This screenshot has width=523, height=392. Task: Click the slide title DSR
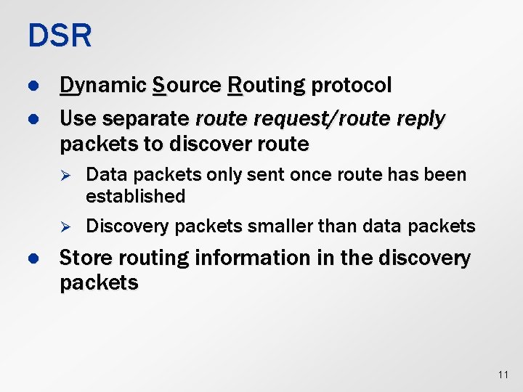coord(60,36)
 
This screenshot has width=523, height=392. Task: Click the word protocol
coord(352,86)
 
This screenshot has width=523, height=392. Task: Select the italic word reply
coord(420,118)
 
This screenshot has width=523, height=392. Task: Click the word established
coord(135,196)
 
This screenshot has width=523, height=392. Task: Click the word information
coord(267,258)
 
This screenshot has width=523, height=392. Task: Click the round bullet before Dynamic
coord(32,86)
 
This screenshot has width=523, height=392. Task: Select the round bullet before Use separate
coord(32,118)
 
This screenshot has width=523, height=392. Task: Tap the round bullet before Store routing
coord(32,258)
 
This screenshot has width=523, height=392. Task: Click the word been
coord(447,175)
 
